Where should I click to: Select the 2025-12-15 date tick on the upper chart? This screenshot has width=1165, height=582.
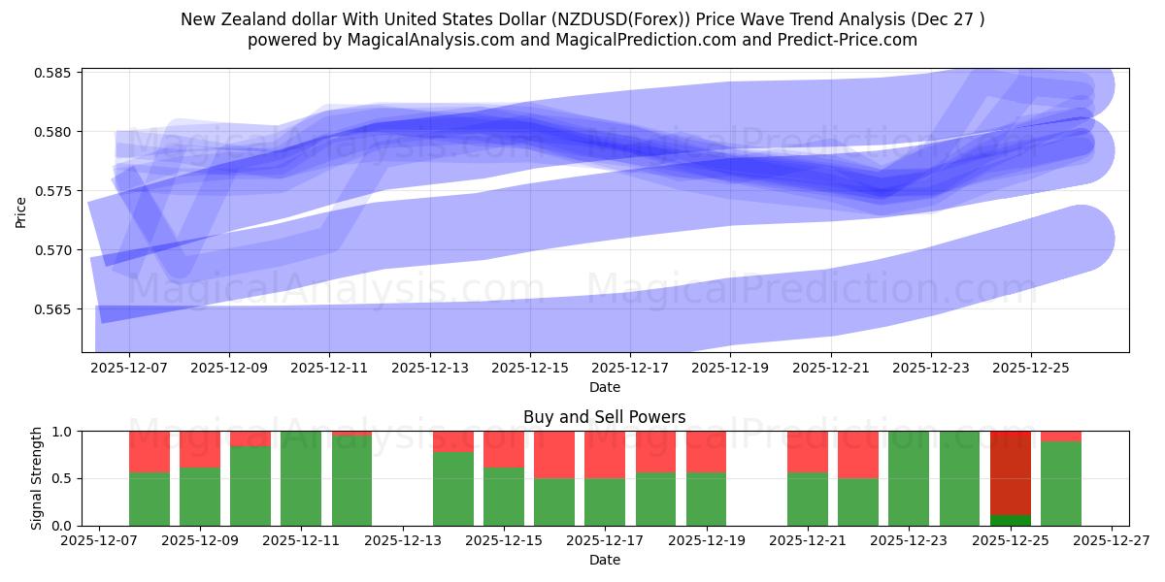coord(530,369)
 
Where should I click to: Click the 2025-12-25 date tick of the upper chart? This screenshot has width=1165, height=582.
coord(1031,369)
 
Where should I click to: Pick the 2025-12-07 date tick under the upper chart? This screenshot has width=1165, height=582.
coord(129,369)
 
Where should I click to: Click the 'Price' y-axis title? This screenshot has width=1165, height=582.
coord(21,210)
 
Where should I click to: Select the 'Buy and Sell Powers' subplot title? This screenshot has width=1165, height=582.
coord(604,417)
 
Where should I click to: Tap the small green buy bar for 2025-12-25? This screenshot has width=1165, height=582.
coord(1010,520)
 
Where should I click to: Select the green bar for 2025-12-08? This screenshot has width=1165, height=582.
coord(150,500)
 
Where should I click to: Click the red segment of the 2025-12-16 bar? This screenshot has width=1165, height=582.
coord(554,454)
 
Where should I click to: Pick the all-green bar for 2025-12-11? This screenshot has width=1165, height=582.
coord(301,478)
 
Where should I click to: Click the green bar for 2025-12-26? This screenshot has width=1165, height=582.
coord(1061,483)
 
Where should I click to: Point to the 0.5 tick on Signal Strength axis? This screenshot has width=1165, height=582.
coord(64,478)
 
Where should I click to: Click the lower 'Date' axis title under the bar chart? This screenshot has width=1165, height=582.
coord(604,560)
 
